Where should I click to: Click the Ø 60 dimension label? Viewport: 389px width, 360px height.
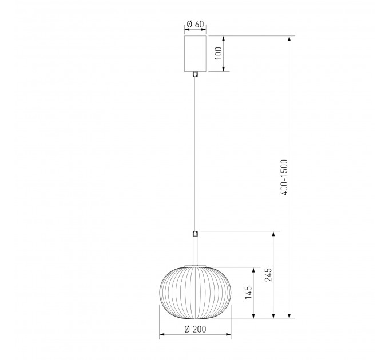[x=195, y=24]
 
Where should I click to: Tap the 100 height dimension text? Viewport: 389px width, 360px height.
[x=219, y=53]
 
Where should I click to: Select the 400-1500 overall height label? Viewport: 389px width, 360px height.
[x=284, y=177]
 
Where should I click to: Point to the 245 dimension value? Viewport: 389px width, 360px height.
[x=268, y=275]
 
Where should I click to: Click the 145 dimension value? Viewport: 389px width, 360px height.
[x=248, y=293]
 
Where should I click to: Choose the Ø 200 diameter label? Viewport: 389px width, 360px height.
[x=195, y=329]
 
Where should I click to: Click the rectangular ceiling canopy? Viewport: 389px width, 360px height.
[x=195, y=54]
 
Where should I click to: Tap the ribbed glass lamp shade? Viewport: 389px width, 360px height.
[x=195, y=293]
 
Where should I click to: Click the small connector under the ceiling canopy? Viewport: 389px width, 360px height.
[x=196, y=74]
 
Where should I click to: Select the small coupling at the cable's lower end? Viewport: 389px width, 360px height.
[x=196, y=234]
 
